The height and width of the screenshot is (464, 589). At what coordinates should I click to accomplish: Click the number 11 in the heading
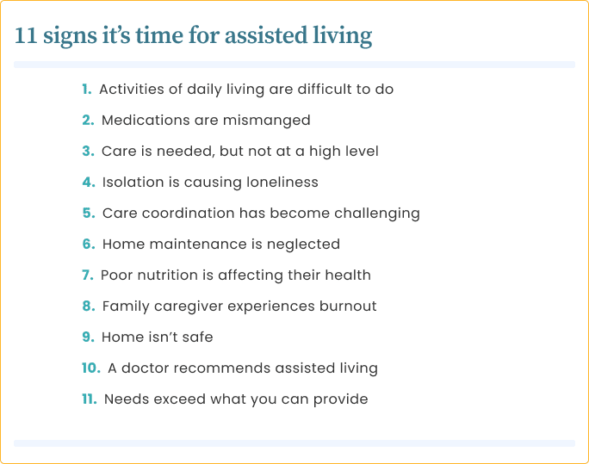coord(26,35)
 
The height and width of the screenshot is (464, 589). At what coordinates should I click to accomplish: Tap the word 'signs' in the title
coord(70,37)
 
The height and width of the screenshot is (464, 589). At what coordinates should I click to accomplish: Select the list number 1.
coord(87,90)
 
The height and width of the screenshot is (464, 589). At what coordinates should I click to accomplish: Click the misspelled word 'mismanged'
coord(266,121)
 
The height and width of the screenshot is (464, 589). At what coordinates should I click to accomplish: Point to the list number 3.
coord(89,152)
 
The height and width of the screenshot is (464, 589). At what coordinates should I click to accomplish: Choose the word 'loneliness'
coord(282,183)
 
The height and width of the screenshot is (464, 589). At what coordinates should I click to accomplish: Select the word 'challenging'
coord(377,214)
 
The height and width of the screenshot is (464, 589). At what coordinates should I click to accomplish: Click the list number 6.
coord(89,244)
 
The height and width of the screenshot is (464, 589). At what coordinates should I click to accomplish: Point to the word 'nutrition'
coord(168,275)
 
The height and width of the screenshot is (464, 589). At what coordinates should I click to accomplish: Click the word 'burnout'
coord(348,306)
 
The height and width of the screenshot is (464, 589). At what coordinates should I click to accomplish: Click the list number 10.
coord(91,368)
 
